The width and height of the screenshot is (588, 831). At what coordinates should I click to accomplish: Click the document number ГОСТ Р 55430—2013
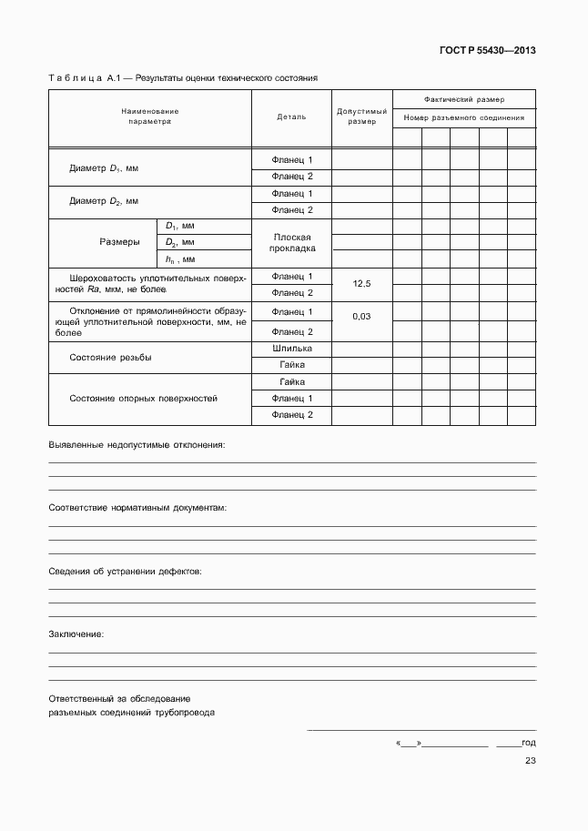click(488, 51)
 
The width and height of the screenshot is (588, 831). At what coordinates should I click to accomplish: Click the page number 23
click(530, 762)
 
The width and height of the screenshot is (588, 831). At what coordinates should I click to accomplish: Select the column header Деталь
click(291, 117)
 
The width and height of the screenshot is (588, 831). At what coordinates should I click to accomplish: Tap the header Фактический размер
click(464, 98)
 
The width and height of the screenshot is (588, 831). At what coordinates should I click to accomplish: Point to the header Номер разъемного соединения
click(464, 117)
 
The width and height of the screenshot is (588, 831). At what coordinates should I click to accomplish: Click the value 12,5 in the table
click(361, 284)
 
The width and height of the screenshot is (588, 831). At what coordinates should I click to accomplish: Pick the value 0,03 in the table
click(361, 316)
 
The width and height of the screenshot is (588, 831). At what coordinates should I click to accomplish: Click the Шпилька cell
click(291, 348)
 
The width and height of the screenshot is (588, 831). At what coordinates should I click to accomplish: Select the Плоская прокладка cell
click(291, 242)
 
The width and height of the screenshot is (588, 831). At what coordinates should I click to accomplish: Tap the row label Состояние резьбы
click(111, 358)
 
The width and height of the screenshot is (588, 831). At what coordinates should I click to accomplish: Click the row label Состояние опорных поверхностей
click(144, 399)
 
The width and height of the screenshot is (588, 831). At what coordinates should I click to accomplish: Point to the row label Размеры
click(119, 242)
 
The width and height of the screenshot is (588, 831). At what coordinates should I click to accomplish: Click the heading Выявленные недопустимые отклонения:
click(136, 444)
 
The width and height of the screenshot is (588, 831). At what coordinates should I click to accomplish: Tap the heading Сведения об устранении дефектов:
click(125, 571)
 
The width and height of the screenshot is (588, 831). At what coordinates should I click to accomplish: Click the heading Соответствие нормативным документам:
click(137, 507)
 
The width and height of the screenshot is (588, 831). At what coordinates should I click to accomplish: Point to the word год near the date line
click(529, 744)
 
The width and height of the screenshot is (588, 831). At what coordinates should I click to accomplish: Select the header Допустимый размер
click(361, 116)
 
